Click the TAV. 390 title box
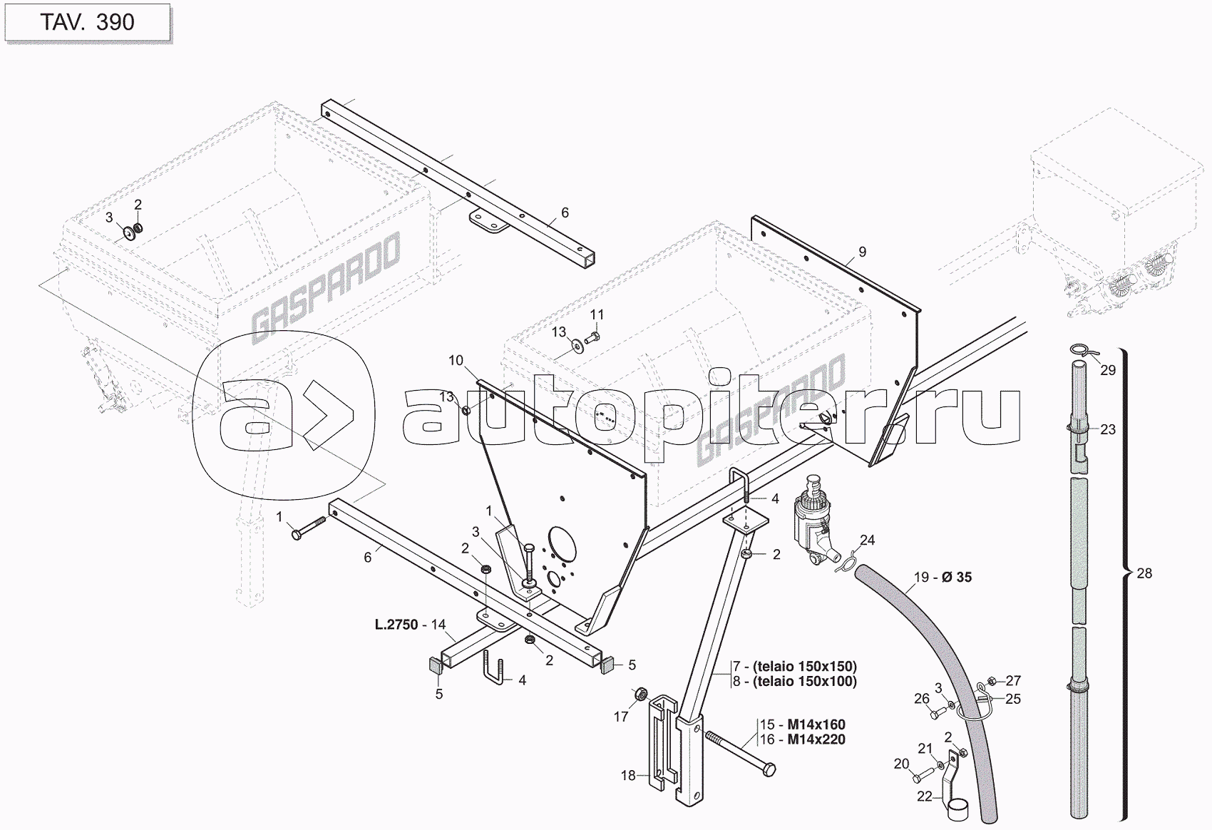tap(86, 22)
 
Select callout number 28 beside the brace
tap(1144, 573)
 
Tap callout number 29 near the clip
tap(1107, 370)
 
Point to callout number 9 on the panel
tap(862, 252)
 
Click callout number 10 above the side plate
tap(456, 361)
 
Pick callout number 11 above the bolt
tap(597, 314)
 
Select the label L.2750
tap(396, 625)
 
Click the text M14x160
tap(816, 725)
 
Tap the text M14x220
tap(816, 739)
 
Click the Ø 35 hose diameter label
tap(956, 577)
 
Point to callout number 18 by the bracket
tap(627, 775)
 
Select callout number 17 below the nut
tap(621, 717)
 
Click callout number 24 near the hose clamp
tap(866, 540)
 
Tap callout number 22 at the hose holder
tap(924, 796)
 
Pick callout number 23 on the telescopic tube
tap(1107, 429)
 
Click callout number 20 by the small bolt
tap(901, 764)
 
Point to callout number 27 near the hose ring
tap(1013, 680)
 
